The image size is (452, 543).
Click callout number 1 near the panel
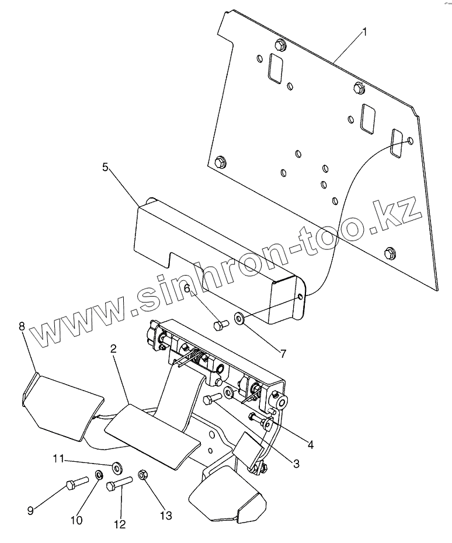[x=364, y=32]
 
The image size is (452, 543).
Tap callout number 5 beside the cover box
[x=105, y=167]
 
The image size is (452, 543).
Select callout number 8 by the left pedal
[x=22, y=326]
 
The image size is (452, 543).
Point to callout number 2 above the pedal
[x=113, y=349]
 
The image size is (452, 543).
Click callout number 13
[x=166, y=516]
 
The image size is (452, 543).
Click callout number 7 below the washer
[x=283, y=354]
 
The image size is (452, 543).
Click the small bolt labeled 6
[x=220, y=325]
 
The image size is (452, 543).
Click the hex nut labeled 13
[x=142, y=475]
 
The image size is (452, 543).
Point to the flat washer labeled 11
[x=117, y=468]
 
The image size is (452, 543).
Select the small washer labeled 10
[x=98, y=474]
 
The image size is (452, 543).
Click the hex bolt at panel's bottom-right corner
[x=390, y=253]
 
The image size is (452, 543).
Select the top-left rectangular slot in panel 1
[x=276, y=68]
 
